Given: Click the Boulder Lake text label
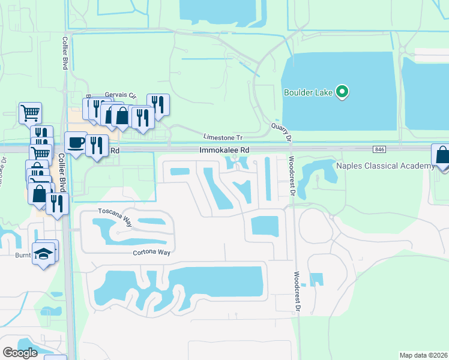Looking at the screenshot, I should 308,92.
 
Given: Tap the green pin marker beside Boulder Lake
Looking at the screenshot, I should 342,92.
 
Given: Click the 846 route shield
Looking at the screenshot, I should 378,149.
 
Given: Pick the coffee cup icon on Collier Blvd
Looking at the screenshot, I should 75,143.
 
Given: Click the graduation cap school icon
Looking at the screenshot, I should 44,253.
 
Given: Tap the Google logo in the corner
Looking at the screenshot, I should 20,353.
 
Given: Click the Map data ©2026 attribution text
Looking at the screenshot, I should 423,355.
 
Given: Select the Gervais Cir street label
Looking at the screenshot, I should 121,95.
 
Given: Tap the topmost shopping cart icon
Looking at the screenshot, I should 30,112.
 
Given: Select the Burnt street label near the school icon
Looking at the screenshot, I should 23,255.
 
